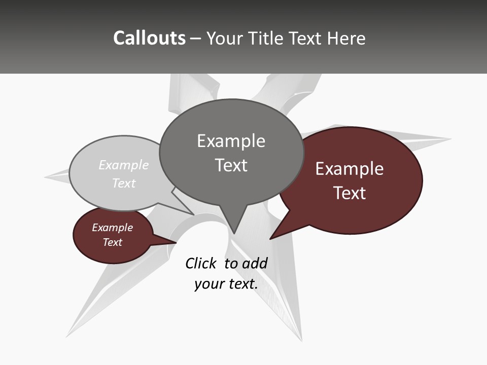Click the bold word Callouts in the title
click(x=149, y=38)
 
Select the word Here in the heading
click(x=346, y=39)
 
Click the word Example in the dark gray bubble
click(x=231, y=141)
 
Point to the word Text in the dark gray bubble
click(x=231, y=165)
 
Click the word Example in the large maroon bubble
click(x=350, y=169)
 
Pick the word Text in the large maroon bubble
click(x=350, y=193)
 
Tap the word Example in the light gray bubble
click(x=124, y=165)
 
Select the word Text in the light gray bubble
click(x=124, y=183)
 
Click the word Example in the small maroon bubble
click(x=112, y=228)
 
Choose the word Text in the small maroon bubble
click(x=112, y=242)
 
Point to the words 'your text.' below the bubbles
click(x=226, y=284)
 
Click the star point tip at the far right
click(x=449, y=138)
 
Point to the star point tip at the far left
click(x=46, y=177)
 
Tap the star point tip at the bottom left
click(x=67, y=335)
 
